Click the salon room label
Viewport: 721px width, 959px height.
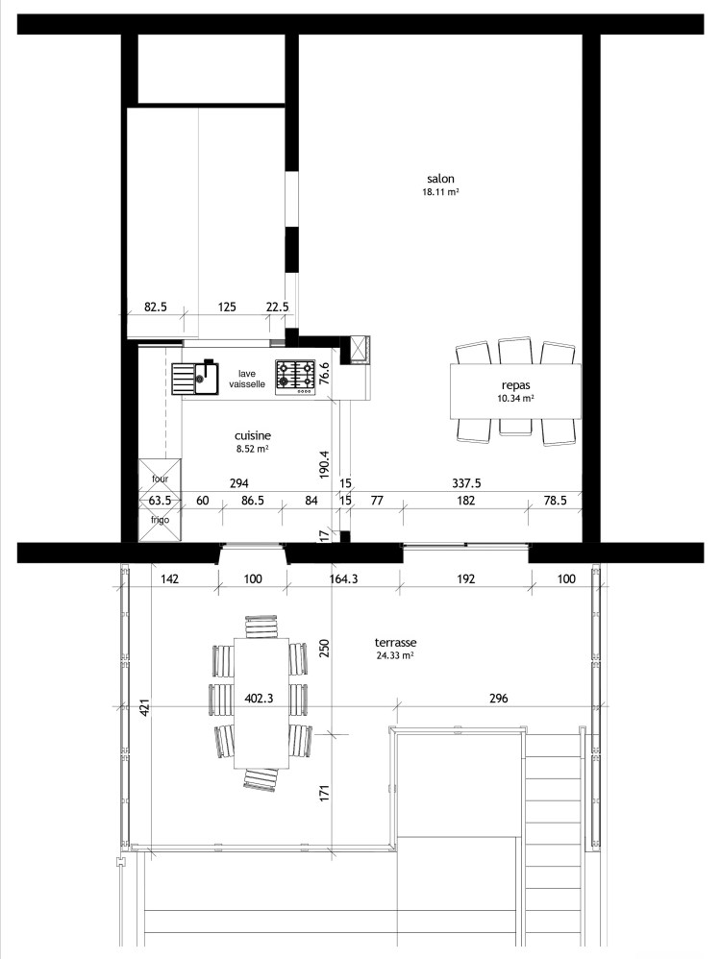[x=440, y=179]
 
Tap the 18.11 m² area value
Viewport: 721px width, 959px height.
[x=440, y=191]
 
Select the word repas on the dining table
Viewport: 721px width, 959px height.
[x=515, y=386]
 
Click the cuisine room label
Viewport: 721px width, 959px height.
[x=253, y=435]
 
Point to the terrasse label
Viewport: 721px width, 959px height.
[x=395, y=643]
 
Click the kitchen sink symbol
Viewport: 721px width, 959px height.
[x=194, y=377]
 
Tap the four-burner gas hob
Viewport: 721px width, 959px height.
[x=295, y=376]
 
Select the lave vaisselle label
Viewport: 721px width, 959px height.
[x=247, y=380]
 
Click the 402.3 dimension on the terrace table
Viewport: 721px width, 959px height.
[x=259, y=699]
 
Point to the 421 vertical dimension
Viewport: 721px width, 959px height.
[x=144, y=707]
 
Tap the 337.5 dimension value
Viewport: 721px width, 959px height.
[x=466, y=483]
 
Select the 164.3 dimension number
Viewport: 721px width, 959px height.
[x=343, y=578]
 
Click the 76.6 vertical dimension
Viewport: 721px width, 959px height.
[x=325, y=374]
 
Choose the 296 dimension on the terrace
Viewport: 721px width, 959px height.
[x=499, y=698]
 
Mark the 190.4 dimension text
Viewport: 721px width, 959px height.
[x=325, y=464]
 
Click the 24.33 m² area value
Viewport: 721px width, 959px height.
[x=395, y=655]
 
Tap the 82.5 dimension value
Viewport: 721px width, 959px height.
[x=156, y=307]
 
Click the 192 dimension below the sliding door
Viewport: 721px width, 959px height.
[x=466, y=578]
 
